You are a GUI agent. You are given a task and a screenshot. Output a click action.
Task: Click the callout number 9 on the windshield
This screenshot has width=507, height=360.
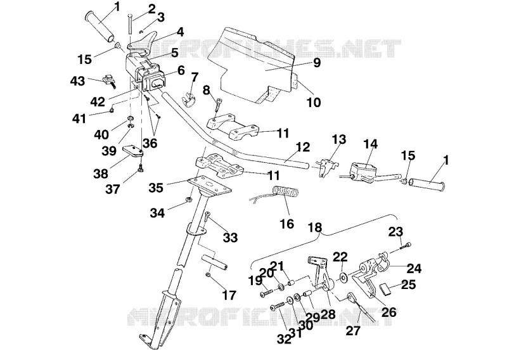[316, 62]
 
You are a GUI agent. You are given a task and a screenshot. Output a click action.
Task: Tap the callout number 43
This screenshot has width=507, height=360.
[77, 81]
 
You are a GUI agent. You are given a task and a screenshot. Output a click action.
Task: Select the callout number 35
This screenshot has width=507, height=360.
[156, 188]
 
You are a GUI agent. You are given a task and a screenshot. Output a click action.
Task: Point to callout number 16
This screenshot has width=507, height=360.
[287, 224]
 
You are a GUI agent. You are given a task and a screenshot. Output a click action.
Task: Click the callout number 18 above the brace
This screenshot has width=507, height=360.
[315, 228]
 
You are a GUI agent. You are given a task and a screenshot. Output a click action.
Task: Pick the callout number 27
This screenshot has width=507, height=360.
[353, 331]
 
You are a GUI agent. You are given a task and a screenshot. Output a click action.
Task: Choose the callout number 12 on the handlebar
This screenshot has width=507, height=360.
[303, 147]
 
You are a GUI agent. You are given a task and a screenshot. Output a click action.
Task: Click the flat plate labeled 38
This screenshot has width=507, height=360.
[132, 151]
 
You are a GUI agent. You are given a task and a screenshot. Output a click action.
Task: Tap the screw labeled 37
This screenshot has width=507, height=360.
[141, 167]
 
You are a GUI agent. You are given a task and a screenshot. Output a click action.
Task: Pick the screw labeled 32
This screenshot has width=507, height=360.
[279, 305]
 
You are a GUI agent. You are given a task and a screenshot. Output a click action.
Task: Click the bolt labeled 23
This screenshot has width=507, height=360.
[406, 245]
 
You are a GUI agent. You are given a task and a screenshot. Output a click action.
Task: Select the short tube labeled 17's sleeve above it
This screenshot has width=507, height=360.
[215, 261]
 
